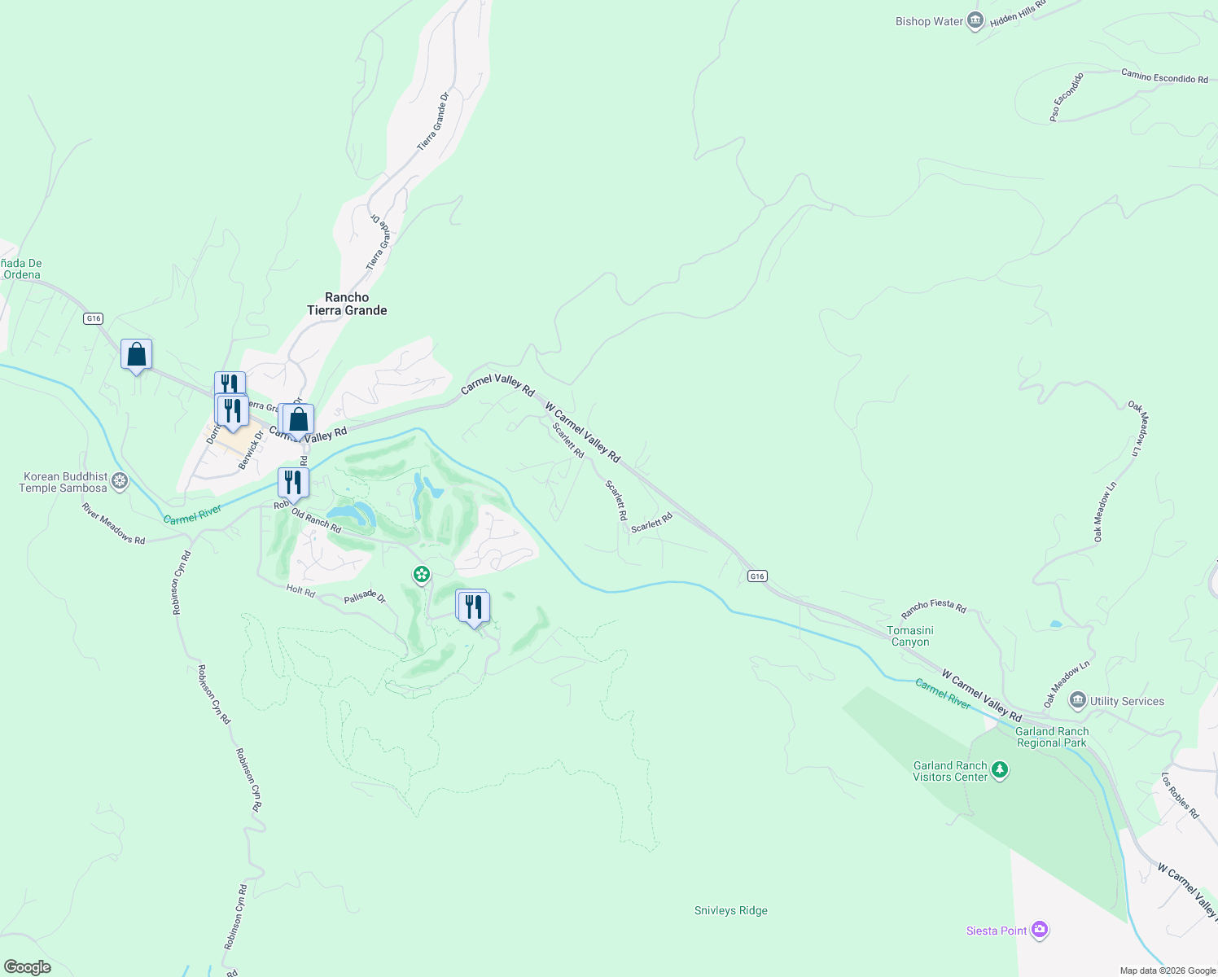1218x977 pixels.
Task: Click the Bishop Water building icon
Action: (x=975, y=22)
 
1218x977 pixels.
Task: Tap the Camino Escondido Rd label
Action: (x=1164, y=77)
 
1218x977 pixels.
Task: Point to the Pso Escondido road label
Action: (x=1067, y=97)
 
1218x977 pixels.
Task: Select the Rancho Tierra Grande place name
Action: (x=347, y=304)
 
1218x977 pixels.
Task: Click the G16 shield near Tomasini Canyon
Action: (x=757, y=576)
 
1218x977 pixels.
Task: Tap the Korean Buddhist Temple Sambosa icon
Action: (x=120, y=481)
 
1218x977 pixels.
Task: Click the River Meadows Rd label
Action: (x=113, y=524)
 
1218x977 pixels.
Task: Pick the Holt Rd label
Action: (x=300, y=591)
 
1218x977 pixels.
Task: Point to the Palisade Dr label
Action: (x=365, y=598)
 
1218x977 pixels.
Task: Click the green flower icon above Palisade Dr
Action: (x=421, y=576)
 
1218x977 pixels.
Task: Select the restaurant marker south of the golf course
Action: (x=472, y=607)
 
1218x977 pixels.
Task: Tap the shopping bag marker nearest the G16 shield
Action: (x=136, y=355)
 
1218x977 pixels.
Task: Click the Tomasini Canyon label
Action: (x=910, y=636)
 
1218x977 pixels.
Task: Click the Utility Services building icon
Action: (x=1078, y=700)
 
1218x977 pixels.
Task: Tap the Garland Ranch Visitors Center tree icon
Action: (x=1000, y=770)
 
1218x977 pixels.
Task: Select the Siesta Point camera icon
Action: (x=1039, y=930)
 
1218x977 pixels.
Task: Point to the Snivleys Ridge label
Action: (x=730, y=910)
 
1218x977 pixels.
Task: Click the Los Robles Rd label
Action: (x=1180, y=795)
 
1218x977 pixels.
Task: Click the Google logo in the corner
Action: (x=28, y=967)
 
